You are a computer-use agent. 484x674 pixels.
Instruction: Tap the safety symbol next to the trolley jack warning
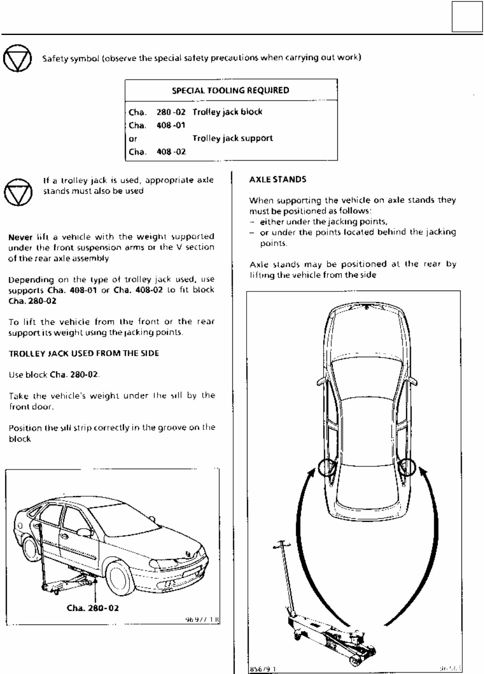click(17, 192)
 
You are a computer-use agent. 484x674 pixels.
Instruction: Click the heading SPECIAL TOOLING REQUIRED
click(230, 90)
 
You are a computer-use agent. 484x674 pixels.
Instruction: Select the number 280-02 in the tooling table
click(171, 112)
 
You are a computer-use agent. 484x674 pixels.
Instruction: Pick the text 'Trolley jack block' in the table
click(227, 112)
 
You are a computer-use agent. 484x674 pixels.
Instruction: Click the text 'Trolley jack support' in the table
click(232, 138)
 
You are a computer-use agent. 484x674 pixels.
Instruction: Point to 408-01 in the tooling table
click(171, 125)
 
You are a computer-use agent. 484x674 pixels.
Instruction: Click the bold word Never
click(20, 237)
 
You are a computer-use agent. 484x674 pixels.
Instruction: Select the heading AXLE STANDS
click(277, 179)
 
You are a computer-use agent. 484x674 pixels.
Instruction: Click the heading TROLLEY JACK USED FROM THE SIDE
click(84, 353)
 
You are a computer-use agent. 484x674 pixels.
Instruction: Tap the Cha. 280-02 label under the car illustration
click(92, 608)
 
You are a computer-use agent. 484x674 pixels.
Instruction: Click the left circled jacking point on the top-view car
click(326, 468)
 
